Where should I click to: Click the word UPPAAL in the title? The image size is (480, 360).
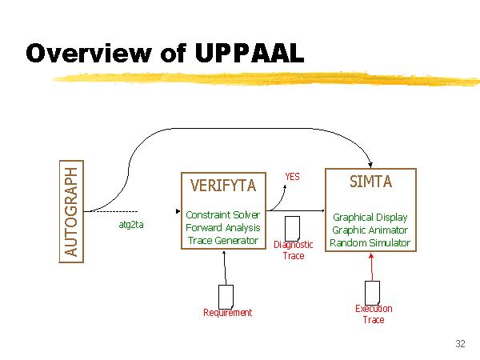pyautogui.click(x=249, y=53)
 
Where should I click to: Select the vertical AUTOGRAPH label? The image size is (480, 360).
pyautogui.click(x=73, y=211)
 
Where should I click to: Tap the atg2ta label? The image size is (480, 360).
pyautogui.click(x=131, y=225)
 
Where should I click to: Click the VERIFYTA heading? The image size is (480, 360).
pyautogui.click(x=223, y=186)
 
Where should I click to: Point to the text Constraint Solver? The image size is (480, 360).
pyautogui.click(x=222, y=215)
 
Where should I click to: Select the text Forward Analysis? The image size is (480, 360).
pyautogui.click(x=222, y=228)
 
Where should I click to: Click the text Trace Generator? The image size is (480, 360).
pyautogui.click(x=222, y=241)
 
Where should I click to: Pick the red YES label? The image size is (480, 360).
pyautogui.click(x=293, y=176)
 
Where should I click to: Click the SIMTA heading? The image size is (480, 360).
pyautogui.click(x=370, y=182)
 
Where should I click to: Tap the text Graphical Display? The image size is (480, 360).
pyautogui.click(x=370, y=217)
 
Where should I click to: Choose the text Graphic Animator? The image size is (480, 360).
pyautogui.click(x=370, y=230)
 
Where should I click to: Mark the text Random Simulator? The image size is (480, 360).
pyautogui.click(x=370, y=242)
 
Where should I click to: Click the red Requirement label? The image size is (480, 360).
pyautogui.click(x=227, y=313)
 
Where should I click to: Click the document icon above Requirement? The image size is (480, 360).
pyautogui.click(x=226, y=295)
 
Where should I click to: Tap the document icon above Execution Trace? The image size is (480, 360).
pyautogui.click(x=372, y=291)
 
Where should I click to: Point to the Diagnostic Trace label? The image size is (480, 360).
pyautogui.click(x=294, y=250)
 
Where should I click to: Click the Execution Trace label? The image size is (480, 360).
pyautogui.click(x=374, y=314)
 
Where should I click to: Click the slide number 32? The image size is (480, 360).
pyautogui.click(x=459, y=344)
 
